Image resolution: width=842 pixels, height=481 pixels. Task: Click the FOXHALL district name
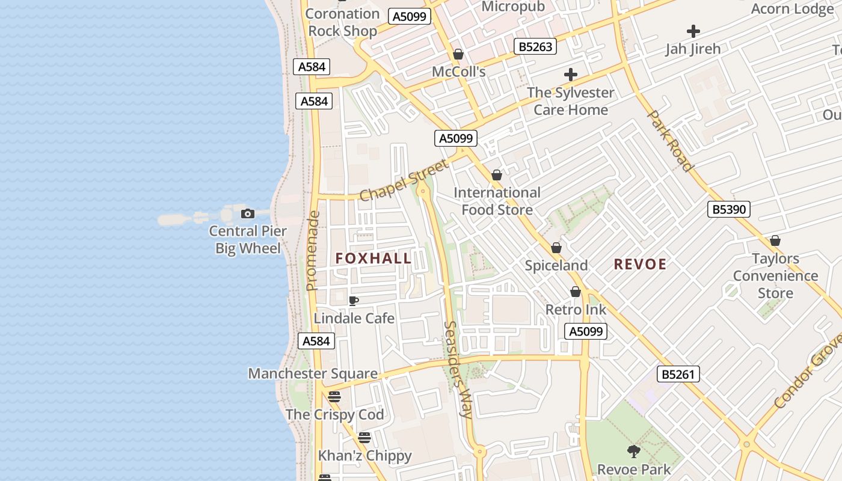coord(373,259)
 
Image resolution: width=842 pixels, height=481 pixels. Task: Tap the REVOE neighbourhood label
coord(640,264)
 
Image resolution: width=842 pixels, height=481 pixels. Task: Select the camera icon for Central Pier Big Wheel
coord(247,213)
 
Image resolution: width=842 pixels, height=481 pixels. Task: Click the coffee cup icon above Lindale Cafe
coord(354,301)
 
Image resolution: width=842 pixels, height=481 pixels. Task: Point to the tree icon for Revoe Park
coord(633,451)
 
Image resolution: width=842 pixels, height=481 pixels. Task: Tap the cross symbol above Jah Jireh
coord(693,31)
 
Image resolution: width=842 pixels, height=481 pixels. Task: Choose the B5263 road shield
coord(535,46)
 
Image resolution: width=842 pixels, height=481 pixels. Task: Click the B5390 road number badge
coord(728,209)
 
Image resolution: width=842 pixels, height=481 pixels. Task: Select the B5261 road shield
coord(678,374)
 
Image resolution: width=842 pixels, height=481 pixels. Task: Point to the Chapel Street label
coord(404,180)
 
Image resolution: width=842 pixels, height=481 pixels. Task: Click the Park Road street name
coord(671,141)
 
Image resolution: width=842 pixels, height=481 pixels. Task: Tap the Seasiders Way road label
coord(458,369)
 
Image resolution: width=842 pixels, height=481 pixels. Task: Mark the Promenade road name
coord(312,251)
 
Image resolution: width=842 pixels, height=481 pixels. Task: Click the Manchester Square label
coord(313,373)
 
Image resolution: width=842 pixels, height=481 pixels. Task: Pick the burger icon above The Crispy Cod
coord(334,397)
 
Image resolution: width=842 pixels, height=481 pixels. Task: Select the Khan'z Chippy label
coord(364,455)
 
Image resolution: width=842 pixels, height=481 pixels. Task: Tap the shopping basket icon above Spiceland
coord(556,248)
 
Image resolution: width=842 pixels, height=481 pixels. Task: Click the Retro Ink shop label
coord(576,310)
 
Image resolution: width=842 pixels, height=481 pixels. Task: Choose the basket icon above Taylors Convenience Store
coord(775,241)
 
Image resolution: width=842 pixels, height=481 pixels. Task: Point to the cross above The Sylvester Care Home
coord(571,75)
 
